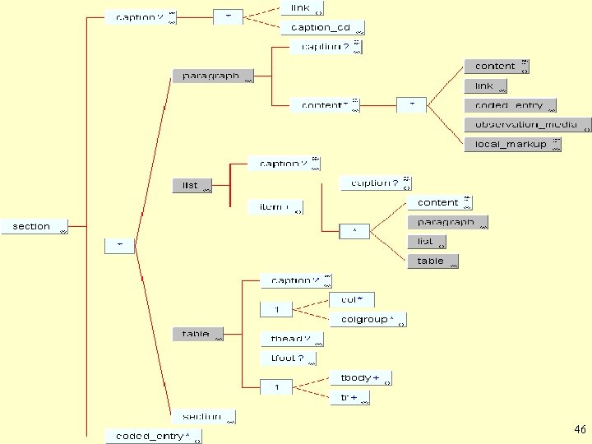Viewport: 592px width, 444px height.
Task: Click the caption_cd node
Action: coord(321,28)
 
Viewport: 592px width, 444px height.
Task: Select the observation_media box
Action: coord(526,125)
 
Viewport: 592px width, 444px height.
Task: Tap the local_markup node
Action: coord(511,145)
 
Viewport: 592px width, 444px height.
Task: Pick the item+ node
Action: coord(275,207)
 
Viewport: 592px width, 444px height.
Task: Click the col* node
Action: coord(352,300)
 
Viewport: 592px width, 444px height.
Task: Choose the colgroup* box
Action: coord(368,319)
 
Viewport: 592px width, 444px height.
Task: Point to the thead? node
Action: coord(292,339)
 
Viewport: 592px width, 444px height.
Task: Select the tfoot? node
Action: coord(288,358)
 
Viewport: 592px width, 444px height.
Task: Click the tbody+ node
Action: coord(360,378)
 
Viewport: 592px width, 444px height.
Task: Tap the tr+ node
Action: coord(349,398)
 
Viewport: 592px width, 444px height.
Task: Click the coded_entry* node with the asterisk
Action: coord(153,436)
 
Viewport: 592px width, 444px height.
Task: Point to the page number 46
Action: coord(580,430)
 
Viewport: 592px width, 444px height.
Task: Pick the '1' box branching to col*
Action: coord(277,310)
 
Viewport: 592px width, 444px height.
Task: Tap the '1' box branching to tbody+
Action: coord(277,386)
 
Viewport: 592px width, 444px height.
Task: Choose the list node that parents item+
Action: coord(192,185)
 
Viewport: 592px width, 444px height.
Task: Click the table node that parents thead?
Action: coord(197,334)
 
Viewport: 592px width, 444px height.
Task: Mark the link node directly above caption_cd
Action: coord(302,8)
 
